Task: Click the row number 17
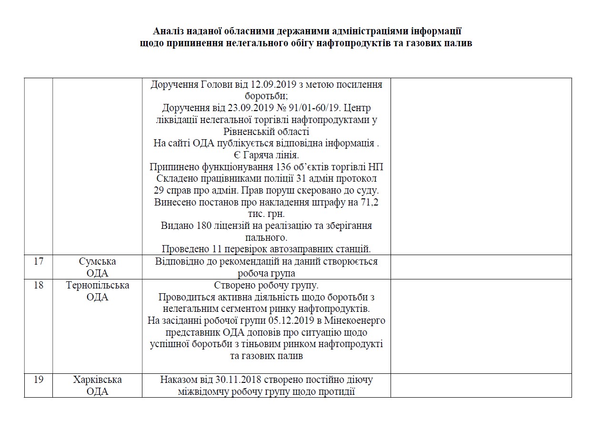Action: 39,262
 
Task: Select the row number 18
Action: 39,286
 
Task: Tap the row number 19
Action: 39,380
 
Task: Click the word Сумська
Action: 97,262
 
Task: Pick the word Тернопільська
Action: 97,286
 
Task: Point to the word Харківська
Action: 97,380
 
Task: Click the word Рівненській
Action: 249,131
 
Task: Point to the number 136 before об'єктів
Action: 284,167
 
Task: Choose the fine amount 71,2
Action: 370,202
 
